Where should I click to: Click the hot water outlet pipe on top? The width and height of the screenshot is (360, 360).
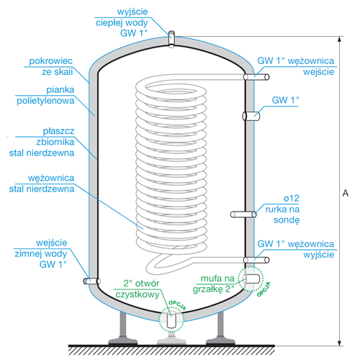(171, 37)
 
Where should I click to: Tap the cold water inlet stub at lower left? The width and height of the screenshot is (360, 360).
(89, 282)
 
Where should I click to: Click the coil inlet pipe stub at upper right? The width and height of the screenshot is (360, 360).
(249, 74)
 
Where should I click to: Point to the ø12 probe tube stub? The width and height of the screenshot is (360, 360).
(243, 214)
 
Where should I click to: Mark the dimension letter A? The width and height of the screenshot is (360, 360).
(346, 194)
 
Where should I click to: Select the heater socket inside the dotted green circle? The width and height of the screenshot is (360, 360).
(253, 276)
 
